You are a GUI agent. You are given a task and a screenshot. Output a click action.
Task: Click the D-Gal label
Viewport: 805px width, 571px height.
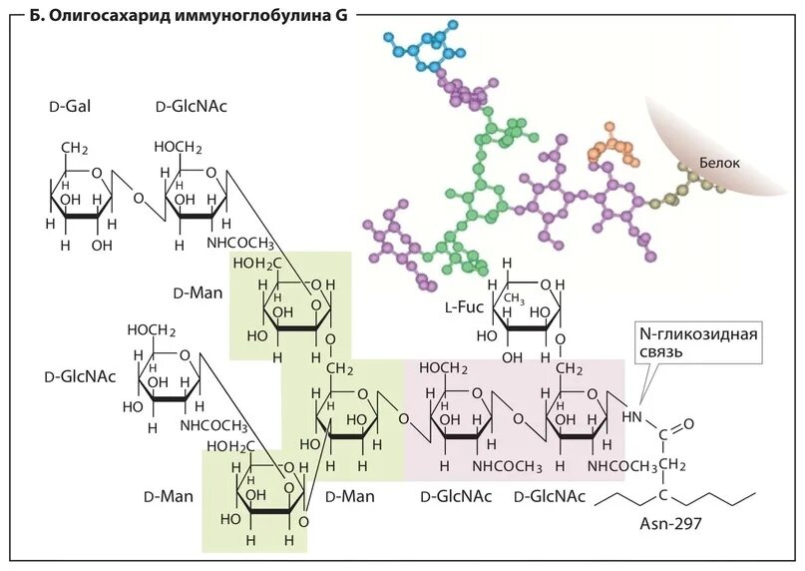[x=70, y=107]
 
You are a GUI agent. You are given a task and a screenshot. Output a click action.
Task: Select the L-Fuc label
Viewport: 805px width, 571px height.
[x=464, y=307]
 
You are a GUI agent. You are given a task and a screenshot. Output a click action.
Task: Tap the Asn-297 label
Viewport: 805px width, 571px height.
[x=669, y=521]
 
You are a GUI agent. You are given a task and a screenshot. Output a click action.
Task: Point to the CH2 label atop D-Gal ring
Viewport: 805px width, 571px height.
[x=73, y=149]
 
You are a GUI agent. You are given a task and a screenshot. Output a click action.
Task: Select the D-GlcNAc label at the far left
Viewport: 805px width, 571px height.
[x=80, y=376]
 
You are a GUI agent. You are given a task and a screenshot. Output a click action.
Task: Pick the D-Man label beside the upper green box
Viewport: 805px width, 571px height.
[x=195, y=294]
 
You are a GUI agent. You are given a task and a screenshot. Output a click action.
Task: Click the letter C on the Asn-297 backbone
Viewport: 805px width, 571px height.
[x=660, y=497]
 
